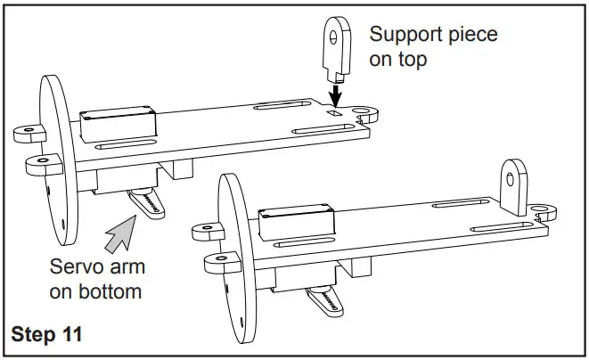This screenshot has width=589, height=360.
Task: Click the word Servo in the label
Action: (x=74, y=267)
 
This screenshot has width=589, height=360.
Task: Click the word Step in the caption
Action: (x=33, y=335)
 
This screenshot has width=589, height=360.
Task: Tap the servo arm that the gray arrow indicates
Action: (x=147, y=201)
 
